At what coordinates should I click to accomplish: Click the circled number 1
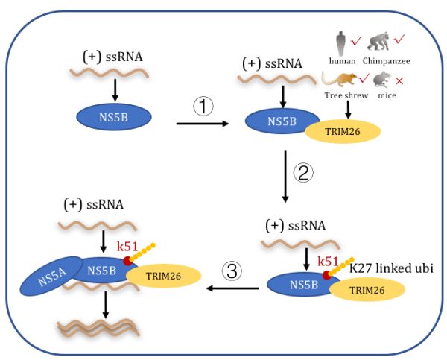(203, 107)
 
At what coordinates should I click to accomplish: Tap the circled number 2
(303, 173)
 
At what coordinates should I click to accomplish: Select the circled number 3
(232, 271)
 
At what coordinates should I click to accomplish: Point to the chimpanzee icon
(378, 42)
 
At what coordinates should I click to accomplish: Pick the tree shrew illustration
(339, 80)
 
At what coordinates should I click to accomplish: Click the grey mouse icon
(381, 80)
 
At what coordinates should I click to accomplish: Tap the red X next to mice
(399, 81)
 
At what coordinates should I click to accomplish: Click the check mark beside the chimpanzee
(399, 39)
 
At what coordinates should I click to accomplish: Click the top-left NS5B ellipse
(114, 117)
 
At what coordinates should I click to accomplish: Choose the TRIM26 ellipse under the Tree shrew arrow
(343, 131)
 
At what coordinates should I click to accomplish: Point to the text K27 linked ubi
(391, 268)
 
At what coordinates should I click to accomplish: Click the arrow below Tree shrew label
(348, 110)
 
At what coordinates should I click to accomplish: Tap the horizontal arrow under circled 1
(203, 124)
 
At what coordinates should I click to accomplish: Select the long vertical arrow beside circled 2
(285, 177)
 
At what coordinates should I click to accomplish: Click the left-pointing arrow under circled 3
(232, 288)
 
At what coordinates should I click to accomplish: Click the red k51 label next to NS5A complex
(127, 247)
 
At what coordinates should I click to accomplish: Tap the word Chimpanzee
(386, 61)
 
